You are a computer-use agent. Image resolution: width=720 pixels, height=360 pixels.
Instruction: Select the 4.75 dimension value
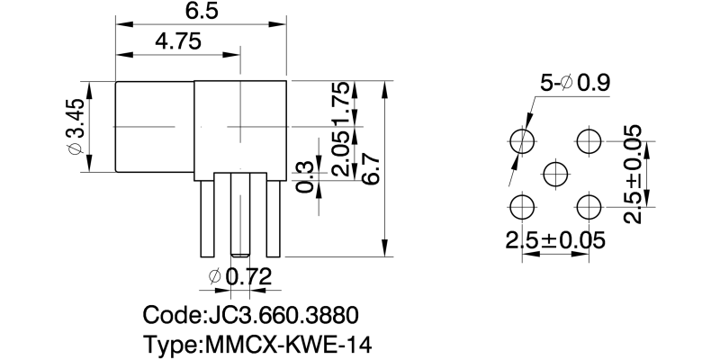(x=177, y=41)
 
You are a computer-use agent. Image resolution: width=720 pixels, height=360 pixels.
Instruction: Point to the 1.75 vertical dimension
(x=339, y=104)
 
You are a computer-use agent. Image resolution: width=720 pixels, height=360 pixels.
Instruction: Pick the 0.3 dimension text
(x=305, y=176)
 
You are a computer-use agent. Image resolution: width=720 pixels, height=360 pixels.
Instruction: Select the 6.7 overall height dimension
(x=370, y=168)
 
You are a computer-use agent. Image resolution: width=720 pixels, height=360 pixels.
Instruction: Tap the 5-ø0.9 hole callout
(x=574, y=84)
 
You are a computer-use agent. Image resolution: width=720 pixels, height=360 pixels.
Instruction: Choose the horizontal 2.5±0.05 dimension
(x=554, y=240)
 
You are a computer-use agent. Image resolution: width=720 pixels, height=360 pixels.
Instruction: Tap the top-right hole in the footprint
(x=589, y=140)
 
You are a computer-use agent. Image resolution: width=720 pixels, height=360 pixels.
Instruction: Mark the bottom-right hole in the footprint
(x=589, y=207)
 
